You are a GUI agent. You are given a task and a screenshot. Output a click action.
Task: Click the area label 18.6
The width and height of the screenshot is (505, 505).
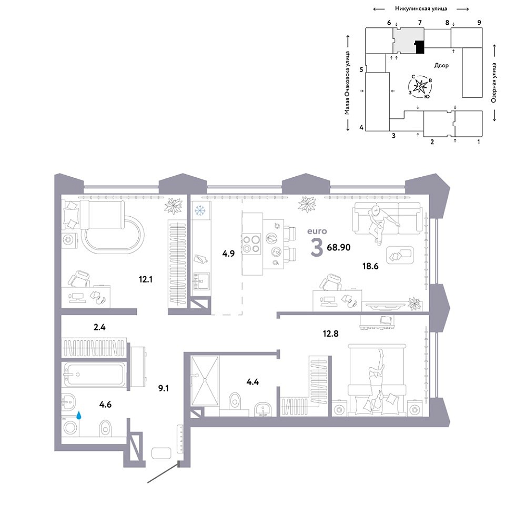(x=370, y=266)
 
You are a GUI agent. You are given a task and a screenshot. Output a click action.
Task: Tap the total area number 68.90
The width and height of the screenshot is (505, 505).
(x=338, y=247)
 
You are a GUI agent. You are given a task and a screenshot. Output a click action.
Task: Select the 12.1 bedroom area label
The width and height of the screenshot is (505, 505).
(x=146, y=279)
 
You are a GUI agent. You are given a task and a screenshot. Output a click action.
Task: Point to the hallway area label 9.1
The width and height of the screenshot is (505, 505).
(x=163, y=388)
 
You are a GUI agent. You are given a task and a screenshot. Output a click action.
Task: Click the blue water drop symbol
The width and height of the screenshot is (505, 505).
(x=78, y=416)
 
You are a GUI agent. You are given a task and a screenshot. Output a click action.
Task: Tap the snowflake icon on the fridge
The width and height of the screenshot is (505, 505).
(x=200, y=210)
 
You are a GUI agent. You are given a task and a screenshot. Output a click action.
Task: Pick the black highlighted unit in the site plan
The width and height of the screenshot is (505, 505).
(x=419, y=47)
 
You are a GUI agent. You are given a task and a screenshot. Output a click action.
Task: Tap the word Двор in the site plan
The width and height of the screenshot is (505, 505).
(x=441, y=65)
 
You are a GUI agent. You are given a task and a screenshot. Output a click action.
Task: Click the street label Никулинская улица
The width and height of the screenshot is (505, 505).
(x=421, y=9)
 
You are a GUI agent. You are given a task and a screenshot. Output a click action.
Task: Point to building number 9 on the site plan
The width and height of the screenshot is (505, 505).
(x=479, y=23)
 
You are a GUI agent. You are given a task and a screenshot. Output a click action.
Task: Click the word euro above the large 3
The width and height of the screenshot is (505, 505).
(x=317, y=231)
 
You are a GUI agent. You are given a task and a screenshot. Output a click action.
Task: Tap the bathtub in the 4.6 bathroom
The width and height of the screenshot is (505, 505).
(x=94, y=374)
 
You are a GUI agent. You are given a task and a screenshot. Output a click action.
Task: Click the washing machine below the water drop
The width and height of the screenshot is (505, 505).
(x=70, y=427)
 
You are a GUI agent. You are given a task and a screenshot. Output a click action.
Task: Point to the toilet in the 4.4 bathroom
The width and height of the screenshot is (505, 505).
(x=235, y=400)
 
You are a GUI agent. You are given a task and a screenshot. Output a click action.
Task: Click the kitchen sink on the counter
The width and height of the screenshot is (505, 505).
(x=201, y=281)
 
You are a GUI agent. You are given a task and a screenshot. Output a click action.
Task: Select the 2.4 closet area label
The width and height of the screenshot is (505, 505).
(x=99, y=327)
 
